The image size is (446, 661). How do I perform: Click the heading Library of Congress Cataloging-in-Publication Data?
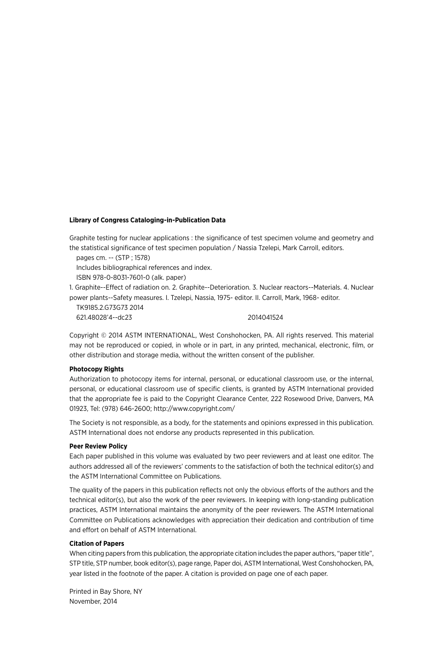click(147, 220)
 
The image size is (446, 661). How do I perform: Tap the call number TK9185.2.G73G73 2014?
click(110, 307)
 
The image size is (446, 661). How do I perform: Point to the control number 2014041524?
click(265, 317)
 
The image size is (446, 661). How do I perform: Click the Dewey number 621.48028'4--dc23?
click(104, 317)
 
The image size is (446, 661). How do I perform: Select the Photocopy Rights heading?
click(96, 369)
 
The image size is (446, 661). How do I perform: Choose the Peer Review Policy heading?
click(98, 446)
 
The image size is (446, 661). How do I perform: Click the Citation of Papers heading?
click(97, 543)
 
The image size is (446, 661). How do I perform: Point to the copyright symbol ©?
click(104, 336)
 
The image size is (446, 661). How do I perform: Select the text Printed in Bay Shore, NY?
click(106, 591)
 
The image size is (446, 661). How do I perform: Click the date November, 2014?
click(93, 601)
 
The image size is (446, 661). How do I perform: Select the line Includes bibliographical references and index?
click(144, 268)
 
